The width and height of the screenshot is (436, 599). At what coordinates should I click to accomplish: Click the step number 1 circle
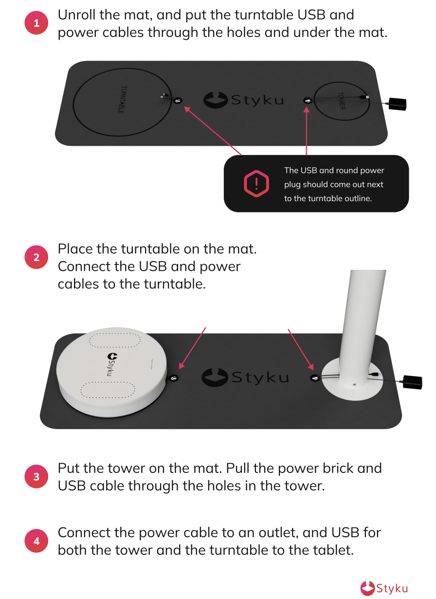36,23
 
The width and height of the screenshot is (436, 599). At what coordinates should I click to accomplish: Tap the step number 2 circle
36,257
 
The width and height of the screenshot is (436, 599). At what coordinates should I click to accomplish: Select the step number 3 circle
36,476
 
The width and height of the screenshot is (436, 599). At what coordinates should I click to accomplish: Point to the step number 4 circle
36,541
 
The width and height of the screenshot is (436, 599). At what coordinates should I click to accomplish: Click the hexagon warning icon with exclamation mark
256,184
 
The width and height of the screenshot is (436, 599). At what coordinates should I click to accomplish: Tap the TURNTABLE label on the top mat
122,99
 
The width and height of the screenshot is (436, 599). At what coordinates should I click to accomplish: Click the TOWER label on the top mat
342,101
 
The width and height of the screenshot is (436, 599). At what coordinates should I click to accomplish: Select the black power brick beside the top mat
397,104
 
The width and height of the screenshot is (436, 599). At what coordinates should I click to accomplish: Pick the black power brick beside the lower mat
412,382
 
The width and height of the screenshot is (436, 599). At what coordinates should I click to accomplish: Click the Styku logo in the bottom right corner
384,588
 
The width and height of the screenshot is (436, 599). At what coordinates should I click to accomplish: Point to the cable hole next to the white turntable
174,378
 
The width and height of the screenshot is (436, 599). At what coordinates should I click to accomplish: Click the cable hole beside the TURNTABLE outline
178,100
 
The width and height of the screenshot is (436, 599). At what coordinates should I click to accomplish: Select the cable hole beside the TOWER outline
308,100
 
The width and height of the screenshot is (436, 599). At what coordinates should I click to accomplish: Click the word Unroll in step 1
76,15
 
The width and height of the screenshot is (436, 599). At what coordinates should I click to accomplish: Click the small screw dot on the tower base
354,385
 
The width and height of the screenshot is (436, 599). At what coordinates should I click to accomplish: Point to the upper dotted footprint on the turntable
115,340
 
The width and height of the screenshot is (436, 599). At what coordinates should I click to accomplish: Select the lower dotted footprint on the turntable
108,390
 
